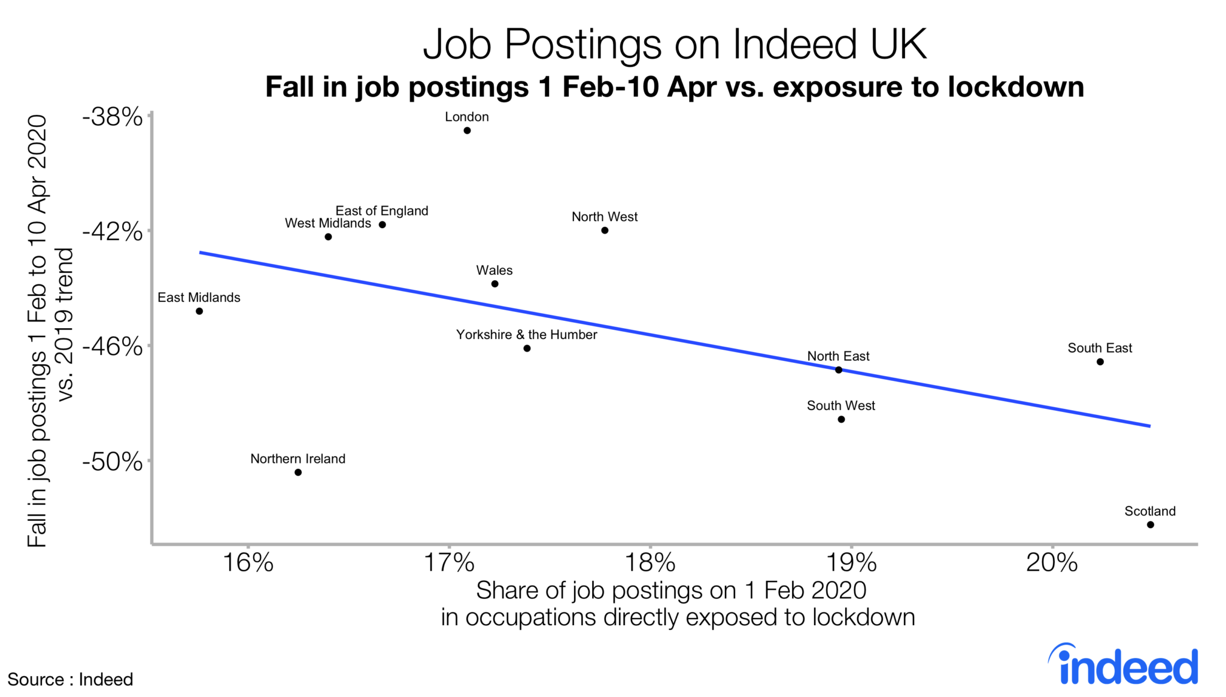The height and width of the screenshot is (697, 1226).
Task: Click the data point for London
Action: pyautogui.click(x=467, y=131)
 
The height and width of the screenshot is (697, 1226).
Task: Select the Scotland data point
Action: pyautogui.click(x=1150, y=525)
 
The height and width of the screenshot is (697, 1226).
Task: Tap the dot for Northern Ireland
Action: pyautogui.click(x=298, y=472)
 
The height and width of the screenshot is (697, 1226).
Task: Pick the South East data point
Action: pyautogui.click(x=1100, y=362)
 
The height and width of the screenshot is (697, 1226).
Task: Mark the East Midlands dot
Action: pyautogui.click(x=199, y=311)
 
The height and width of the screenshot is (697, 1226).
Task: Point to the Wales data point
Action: pyautogui.click(x=494, y=284)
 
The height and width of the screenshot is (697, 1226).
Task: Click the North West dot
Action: pyautogui.click(x=605, y=231)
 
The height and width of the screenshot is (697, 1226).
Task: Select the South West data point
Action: pyautogui.click(x=841, y=419)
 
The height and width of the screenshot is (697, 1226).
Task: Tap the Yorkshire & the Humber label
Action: pyautogui.click(x=526, y=335)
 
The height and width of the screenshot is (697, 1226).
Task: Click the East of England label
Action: pyautogui.click(x=381, y=211)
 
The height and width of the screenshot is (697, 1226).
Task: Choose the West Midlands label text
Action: pyautogui.click(x=327, y=223)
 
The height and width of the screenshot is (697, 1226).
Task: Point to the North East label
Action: pyautogui.click(x=838, y=356)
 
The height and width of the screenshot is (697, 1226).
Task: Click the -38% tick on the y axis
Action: pyautogui.click(x=113, y=117)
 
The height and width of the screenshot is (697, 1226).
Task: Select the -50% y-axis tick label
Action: pyautogui.click(x=113, y=462)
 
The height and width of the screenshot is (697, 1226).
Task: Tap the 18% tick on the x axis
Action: pyautogui.click(x=650, y=562)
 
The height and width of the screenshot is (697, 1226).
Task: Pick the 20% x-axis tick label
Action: pyautogui.click(x=1052, y=562)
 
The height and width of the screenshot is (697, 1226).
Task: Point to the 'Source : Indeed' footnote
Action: pyautogui.click(x=70, y=680)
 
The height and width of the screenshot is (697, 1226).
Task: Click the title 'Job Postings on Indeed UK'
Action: pyautogui.click(x=675, y=44)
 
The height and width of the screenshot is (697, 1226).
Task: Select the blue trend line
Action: pyautogui.click(x=675, y=340)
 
